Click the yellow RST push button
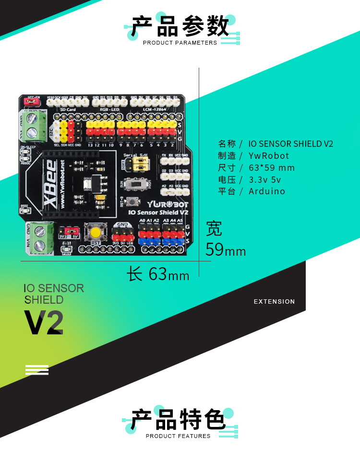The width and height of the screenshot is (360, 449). point(95,233)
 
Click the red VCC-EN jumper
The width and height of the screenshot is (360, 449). point(33,102)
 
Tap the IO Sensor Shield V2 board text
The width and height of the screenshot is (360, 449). point(158,212)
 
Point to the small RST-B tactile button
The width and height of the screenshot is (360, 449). point(130,201)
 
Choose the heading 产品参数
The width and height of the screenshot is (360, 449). point(180,27)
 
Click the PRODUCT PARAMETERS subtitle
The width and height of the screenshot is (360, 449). point(180,43)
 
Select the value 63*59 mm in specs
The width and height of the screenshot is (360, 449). point(272,167)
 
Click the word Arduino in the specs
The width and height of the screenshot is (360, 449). point(267,191)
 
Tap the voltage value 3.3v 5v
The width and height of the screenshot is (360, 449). point(265,179)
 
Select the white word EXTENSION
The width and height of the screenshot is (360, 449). point(274,301)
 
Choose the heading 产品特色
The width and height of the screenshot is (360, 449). point(179,421)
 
